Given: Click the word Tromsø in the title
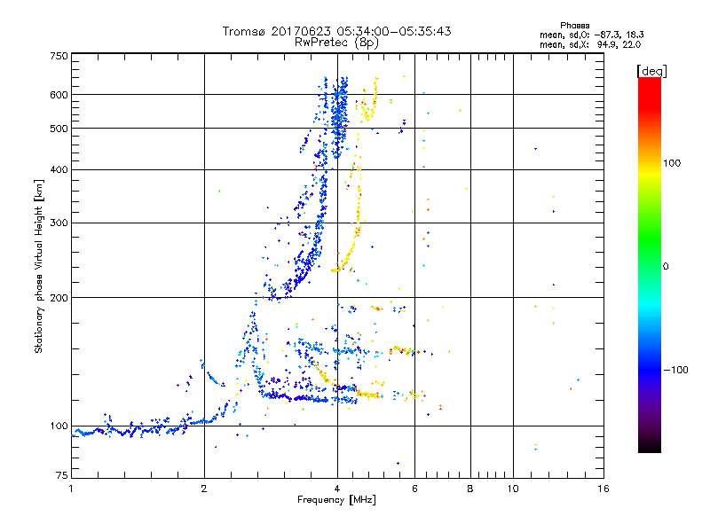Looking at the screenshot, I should tap(241, 31).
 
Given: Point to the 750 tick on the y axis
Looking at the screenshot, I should tap(59, 56).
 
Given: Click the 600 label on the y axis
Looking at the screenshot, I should tap(59, 95).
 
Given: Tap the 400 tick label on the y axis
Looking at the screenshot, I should tap(59, 169).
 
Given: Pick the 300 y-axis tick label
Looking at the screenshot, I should tap(59, 223).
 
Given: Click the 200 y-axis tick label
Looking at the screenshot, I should tap(59, 297).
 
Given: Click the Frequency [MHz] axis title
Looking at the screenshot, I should tap(337, 501).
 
